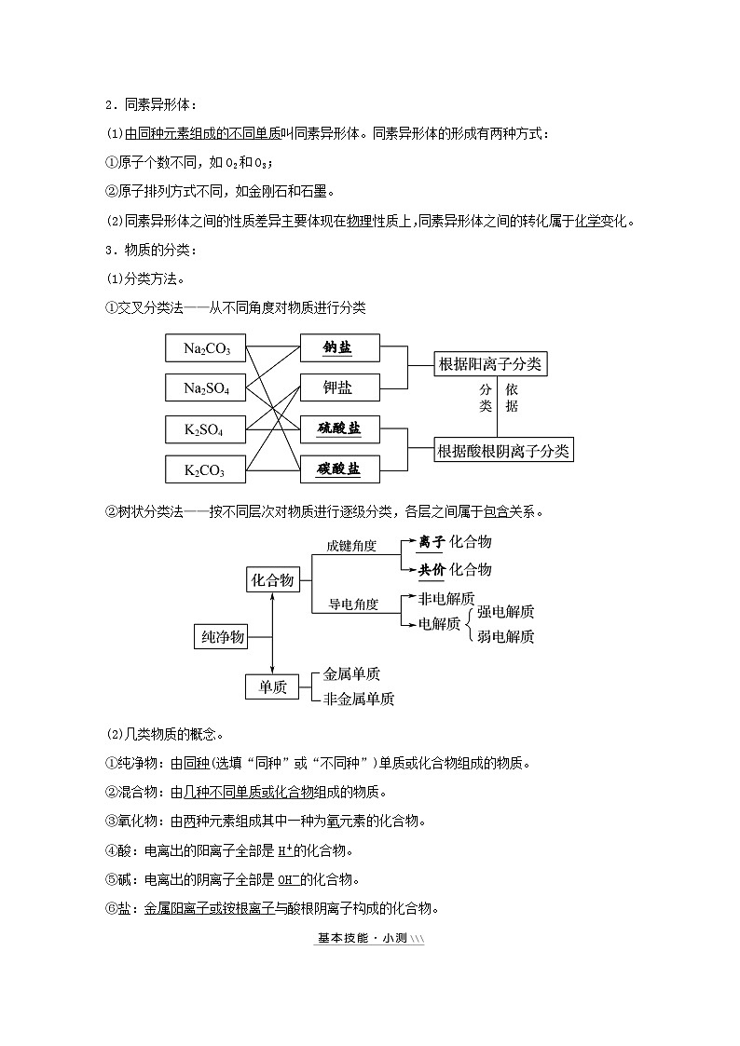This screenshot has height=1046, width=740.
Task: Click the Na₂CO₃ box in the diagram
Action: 206,348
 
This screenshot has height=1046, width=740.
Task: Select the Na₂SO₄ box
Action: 206,387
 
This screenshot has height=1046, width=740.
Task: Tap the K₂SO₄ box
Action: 206,429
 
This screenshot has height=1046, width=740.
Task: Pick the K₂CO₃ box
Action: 206,469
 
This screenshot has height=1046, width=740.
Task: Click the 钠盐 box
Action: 340,347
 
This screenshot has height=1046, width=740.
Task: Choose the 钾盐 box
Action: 340,387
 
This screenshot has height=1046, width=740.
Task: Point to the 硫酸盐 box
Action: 340,428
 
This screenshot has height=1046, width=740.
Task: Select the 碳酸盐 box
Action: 340,469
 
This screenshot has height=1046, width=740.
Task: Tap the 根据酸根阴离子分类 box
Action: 503,451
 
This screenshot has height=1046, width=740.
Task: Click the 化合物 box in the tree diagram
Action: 272,580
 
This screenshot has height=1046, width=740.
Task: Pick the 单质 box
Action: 272,687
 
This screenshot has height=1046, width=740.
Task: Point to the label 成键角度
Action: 350,546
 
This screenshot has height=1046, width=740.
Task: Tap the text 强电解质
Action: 506,612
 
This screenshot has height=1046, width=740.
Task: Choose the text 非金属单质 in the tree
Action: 358,699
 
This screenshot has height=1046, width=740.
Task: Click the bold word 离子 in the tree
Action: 431,541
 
